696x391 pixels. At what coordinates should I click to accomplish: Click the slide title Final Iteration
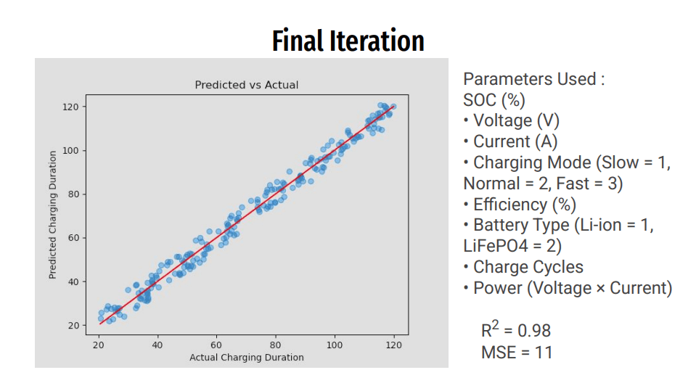click(x=348, y=41)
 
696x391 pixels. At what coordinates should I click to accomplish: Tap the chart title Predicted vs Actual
click(x=247, y=85)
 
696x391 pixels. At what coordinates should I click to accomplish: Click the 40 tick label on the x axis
click(x=157, y=345)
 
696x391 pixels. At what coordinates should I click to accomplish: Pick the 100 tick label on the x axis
click(x=335, y=345)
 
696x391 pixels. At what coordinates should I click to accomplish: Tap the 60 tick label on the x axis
click(x=216, y=345)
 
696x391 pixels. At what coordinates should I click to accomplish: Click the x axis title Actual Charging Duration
click(x=247, y=358)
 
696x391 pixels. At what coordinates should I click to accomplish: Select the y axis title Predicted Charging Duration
click(x=53, y=215)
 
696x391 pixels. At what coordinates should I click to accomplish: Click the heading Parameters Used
click(x=533, y=79)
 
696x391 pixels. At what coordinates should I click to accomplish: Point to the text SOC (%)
click(x=494, y=100)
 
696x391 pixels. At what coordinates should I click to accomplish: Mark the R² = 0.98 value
click(x=516, y=331)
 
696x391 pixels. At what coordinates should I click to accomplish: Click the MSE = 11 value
click(x=516, y=353)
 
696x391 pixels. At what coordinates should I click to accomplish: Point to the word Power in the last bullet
click(x=497, y=288)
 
